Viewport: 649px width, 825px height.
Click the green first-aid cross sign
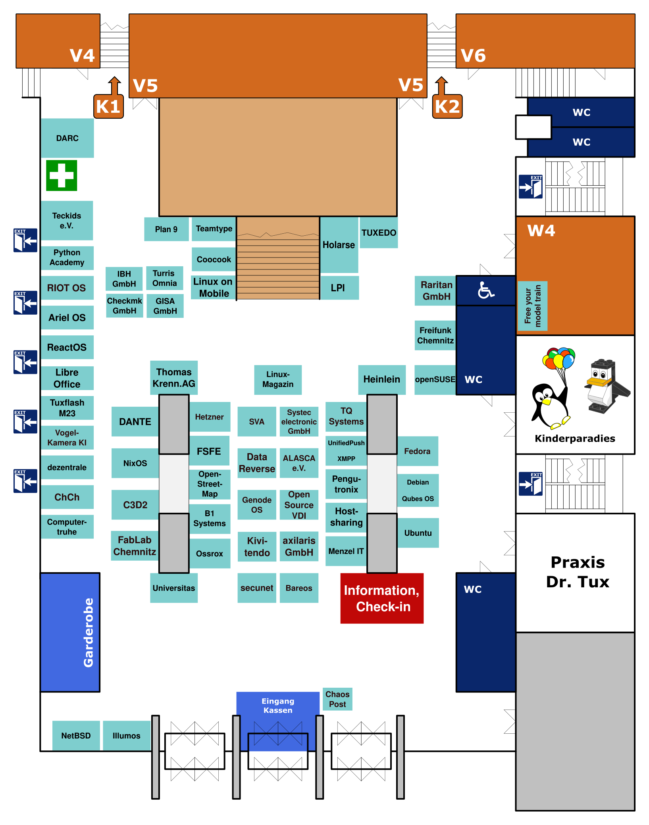pyautogui.click(x=62, y=175)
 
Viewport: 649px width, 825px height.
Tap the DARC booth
pyautogui.click(x=67, y=138)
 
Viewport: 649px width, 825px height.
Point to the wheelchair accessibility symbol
pyautogui.click(x=485, y=290)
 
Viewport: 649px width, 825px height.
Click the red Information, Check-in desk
pyautogui.click(x=382, y=598)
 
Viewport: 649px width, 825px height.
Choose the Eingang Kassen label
pyautogui.click(x=278, y=706)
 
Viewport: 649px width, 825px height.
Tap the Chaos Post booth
pyautogui.click(x=337, y=699)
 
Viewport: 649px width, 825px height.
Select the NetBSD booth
pyautogui.click(x=76, y=736)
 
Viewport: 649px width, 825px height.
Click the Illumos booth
pyautogui.click(x=127, y=736)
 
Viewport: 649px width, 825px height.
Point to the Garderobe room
pyautogui.click(x=70, y=632)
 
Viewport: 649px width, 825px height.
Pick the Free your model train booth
pyautogui.click(x=533, y=306)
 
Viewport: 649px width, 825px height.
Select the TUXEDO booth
pyautogui.click(x=379, y=233)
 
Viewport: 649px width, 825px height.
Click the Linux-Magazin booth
pyautogui.click(x=278, y=379)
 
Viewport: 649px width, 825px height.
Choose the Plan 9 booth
pyautogui.click(x=166, y=229)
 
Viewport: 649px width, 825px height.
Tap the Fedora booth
pyautogui.click(x=417, y=451)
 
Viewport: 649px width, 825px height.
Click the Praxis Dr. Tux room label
pyautogui.click(x=577, y=572)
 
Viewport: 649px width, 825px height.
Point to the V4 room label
pyautogui.click(x=82, y=55)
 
